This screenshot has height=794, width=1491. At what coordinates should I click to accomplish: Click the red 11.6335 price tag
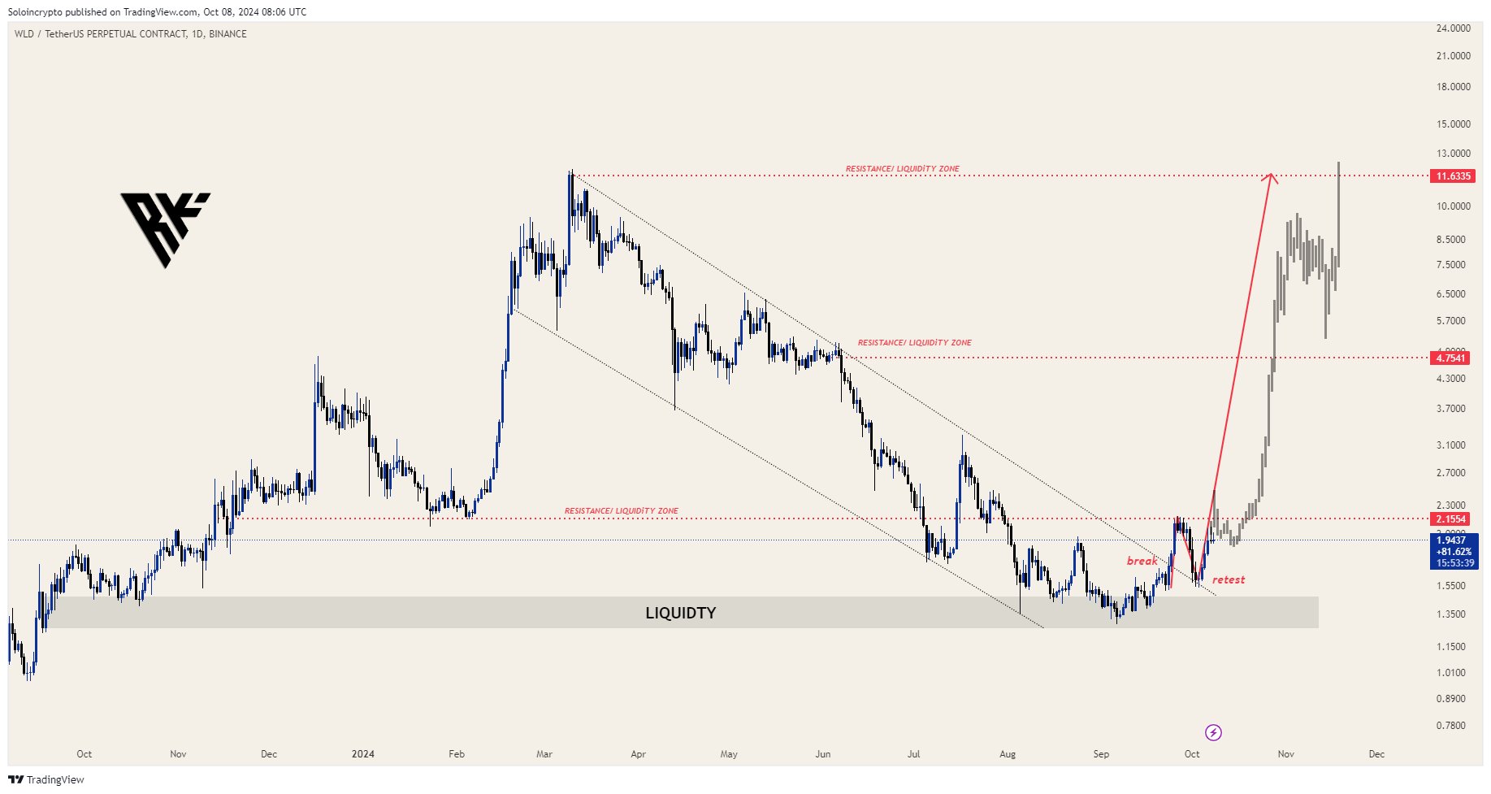[x=1453, y=176]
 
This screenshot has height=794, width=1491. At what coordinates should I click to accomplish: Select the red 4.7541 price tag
[x=1450, y=358]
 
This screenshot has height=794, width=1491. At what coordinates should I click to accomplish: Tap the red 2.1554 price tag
[x=1450, y=519]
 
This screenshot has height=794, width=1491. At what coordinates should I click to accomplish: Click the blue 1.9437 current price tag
[x=1451, y=540]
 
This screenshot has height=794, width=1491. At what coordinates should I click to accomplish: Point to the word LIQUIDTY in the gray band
[x=680, y=613]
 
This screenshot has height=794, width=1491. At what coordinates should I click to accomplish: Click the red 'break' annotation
[x=1142, y=561]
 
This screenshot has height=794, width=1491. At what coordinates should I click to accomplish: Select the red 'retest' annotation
[x=1228, y=579]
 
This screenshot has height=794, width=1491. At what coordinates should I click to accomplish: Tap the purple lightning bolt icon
[x=1213, y=733]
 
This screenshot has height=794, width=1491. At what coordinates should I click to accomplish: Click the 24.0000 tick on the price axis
[x=1453, y=28]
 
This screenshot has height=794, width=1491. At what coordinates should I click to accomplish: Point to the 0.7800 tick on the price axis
[x=1451, y=726]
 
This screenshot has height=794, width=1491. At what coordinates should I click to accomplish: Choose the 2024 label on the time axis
[x=362, y=754]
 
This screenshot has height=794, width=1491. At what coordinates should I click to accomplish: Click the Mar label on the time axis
[x=544, y=754]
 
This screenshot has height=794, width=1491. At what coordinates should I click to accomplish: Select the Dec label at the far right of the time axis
[x=1376, y=754]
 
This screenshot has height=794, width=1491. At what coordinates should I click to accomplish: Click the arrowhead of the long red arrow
[x=1271, y=176]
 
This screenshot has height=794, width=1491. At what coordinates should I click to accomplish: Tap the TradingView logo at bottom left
[x=46, y=780]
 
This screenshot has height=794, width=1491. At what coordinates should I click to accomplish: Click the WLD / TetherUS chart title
[x=130, y=34]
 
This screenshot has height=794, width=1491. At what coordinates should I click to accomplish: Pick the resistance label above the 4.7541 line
[x=914, y=343]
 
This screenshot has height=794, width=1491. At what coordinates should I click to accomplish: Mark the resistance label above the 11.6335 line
[x=902, y=169]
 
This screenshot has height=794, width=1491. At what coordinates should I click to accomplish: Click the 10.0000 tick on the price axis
[x=1453, y=206]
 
